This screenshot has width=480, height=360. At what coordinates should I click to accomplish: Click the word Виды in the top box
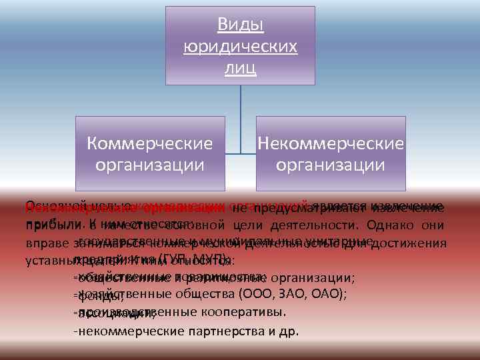(241, 25)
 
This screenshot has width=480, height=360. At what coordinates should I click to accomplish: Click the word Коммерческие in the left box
(151, 143)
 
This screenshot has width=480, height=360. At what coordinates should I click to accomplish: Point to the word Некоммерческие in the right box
(331, 143)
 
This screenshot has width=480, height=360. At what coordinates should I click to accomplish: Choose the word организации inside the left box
(151, 165)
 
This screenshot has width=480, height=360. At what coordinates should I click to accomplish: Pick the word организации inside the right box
(331, 165)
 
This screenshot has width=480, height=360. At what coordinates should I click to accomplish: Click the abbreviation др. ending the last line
(291, 330)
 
